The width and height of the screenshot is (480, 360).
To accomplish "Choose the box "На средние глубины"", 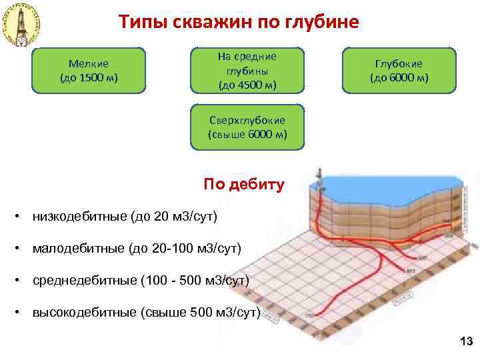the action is coord(247,70).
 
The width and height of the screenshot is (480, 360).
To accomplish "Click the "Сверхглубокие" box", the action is coord(247,127).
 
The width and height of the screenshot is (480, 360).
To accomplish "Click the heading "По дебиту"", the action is coord(244,184).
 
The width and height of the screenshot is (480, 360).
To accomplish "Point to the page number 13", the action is coord(466,342).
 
